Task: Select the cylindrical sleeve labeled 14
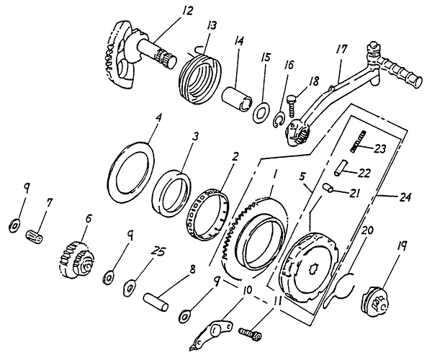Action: tap(236, 96)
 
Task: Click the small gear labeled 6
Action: tap(74, 257)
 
